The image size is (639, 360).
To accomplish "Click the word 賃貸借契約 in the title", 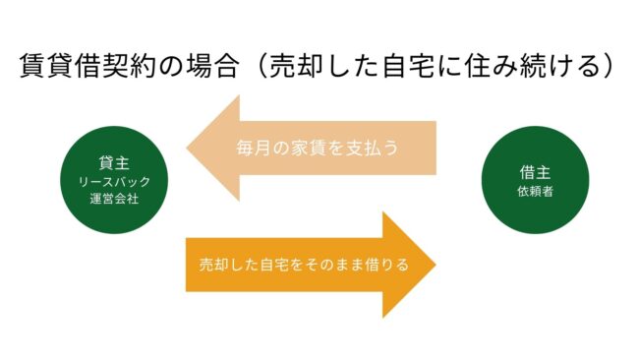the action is [82, 67].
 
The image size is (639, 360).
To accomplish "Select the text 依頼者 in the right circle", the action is [533, 191].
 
